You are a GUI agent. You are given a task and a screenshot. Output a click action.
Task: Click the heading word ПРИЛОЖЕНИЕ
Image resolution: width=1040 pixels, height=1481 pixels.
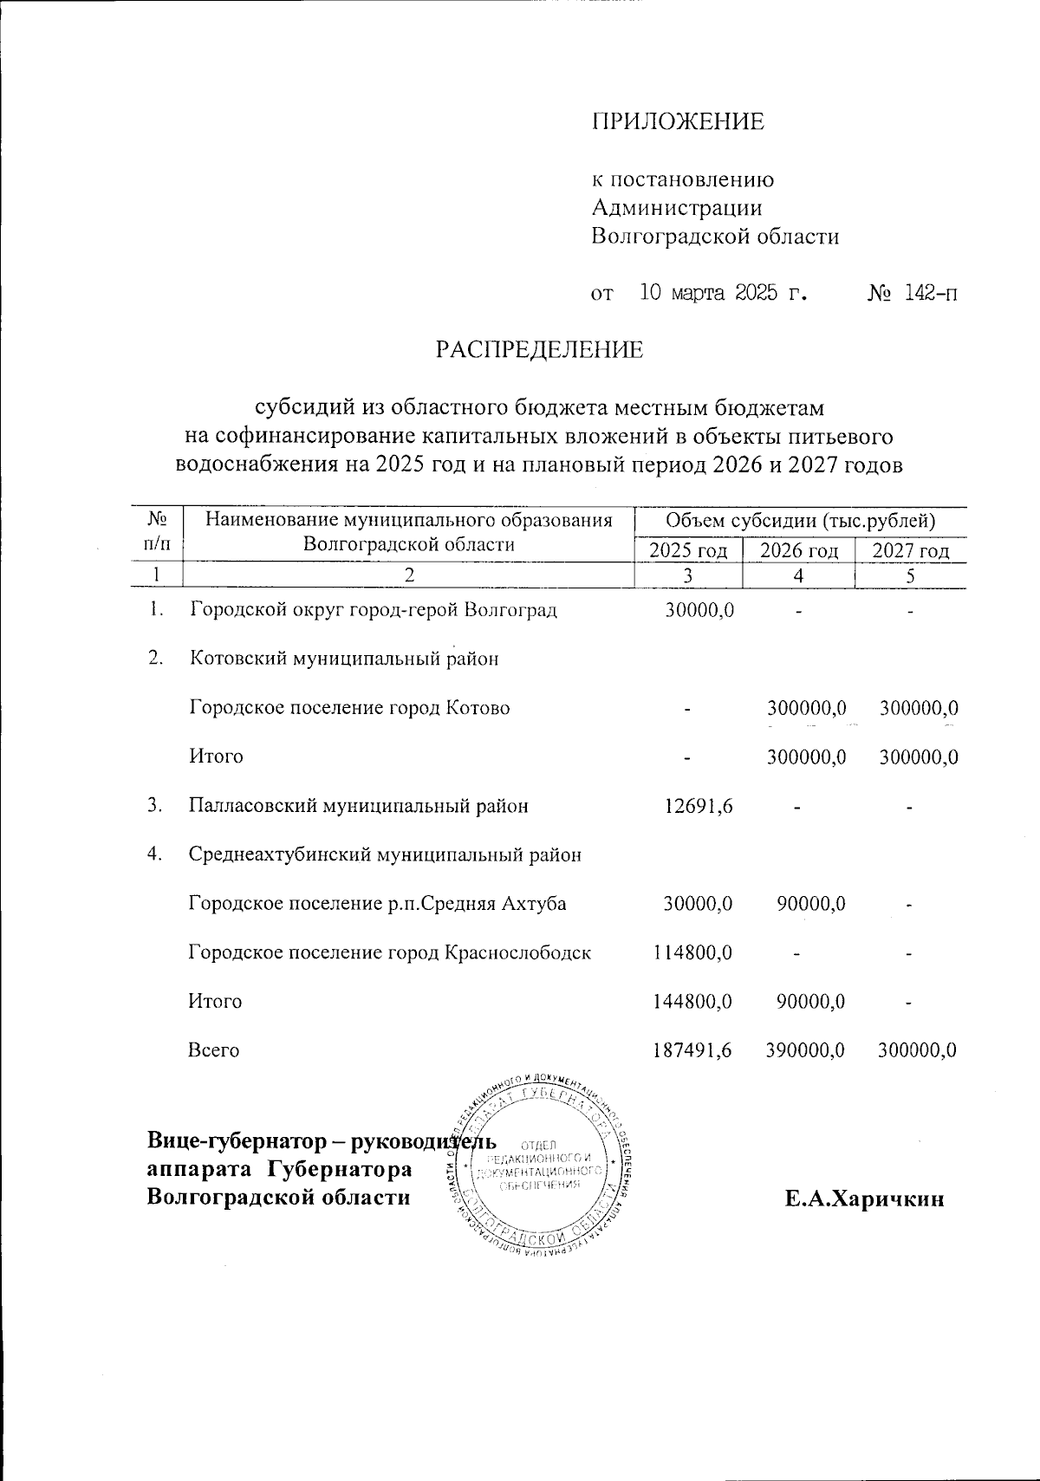[x=678, y=121]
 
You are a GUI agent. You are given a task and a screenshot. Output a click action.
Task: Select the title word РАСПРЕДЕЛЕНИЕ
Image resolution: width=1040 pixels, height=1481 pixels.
[x=539, y=350]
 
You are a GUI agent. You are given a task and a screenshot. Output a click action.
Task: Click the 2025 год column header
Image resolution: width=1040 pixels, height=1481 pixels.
[x=688, y=551]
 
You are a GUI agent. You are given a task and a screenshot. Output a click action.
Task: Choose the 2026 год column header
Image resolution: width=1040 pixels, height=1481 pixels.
[x=798, y=551]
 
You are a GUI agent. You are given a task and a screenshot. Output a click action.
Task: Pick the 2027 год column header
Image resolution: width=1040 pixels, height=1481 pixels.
[x=910, y=551]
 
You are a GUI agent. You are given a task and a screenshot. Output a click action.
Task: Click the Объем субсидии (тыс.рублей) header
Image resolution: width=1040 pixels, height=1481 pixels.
[x=800, y=522]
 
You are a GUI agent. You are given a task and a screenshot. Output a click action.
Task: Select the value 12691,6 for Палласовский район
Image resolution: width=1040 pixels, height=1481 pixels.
[x=699, y=806]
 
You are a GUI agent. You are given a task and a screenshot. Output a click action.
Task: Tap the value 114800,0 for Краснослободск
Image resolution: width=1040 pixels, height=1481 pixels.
[x=693, y=952]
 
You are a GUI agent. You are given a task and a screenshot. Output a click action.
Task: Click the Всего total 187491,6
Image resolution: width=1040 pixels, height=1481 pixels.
[x=693, y=1050]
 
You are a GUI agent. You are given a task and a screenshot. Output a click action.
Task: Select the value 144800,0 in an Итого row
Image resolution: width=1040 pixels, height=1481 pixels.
[x=693, y=1002]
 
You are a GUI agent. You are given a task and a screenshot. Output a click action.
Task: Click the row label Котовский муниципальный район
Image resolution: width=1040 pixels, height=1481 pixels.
[x=344, y=659]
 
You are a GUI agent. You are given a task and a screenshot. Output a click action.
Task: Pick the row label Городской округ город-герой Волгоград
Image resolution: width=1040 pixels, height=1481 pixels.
[x=373, y=609]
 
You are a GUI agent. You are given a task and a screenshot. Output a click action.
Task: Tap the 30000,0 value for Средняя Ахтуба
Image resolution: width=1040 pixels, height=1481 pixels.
[x=699, y=904]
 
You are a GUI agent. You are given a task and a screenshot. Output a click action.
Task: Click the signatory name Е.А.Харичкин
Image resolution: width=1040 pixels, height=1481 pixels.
[x=864, y=1199]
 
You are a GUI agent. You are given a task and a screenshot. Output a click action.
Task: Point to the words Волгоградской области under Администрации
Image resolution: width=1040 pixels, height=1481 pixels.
[x=715, y=237]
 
